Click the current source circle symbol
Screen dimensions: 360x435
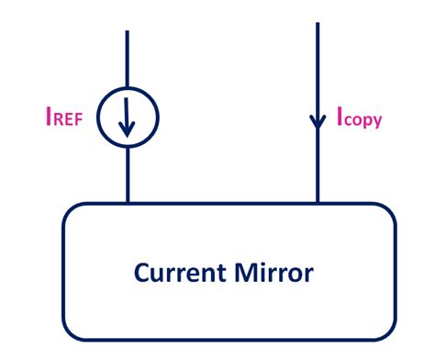128,118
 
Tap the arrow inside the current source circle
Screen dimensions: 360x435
128,120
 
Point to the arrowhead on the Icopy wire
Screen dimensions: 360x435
318,121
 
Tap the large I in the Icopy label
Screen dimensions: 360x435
339,117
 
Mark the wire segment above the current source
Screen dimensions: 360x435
128,60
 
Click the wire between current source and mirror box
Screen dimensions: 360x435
128,174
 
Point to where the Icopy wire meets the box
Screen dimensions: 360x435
318,203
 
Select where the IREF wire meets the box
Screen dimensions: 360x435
128,203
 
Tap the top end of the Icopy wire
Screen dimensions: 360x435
318,25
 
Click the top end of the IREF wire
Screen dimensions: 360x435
128,32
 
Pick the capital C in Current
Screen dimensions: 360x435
141,273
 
